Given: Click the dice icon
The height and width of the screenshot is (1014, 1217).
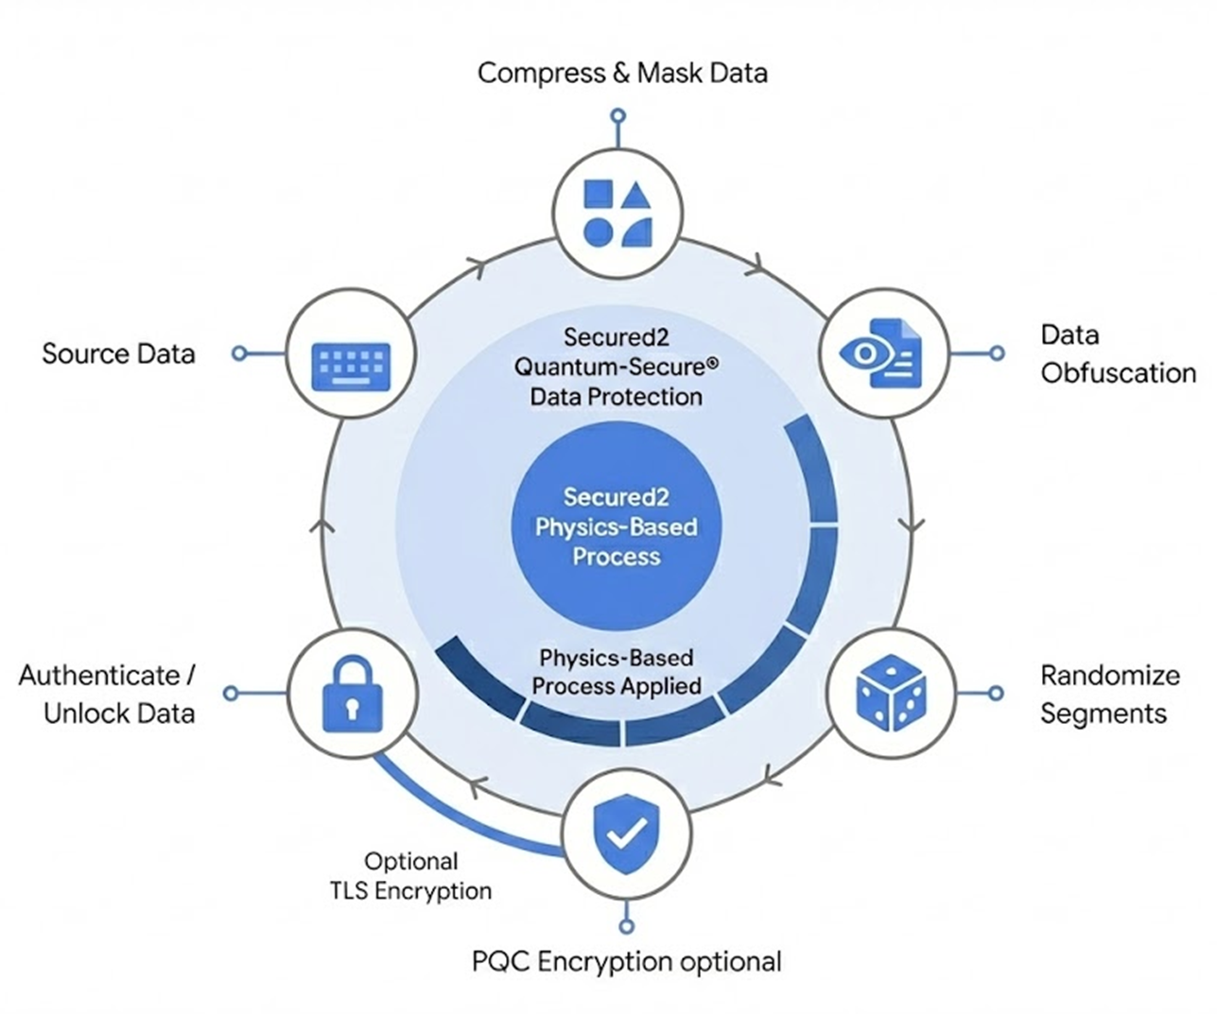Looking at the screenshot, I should click(x=891, y=696).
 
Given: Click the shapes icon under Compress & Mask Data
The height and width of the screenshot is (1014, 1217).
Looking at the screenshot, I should click(x=617, y=213).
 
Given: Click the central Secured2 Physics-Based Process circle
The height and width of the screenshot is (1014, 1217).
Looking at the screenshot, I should click(x=617, y=526).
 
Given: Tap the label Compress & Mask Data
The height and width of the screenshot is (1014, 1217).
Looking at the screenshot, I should click(x=622, y=73).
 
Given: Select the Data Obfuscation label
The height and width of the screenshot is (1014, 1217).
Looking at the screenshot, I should click(x=1117, y=354).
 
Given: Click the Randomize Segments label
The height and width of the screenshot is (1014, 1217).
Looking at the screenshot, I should click(x=1109, y=695).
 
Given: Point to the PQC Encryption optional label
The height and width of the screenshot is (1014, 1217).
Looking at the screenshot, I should click(x=626, y=962).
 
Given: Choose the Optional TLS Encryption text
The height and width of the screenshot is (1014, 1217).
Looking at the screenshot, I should click(x=411, y=876).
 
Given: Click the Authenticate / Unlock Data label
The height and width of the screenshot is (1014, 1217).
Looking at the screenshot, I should click(x=107, y=695).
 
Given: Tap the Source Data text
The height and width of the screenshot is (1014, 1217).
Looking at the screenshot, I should click(x=118, y=354).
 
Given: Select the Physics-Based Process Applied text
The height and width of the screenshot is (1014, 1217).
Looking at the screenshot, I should click(x=617, y=672).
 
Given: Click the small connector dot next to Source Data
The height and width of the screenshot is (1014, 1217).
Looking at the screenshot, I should click(x=239, y=353).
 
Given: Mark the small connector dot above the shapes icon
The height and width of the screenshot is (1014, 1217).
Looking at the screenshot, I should click(x=617, y=117).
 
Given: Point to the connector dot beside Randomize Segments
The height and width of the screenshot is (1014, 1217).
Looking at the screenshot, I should click(x=995, y=694).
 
